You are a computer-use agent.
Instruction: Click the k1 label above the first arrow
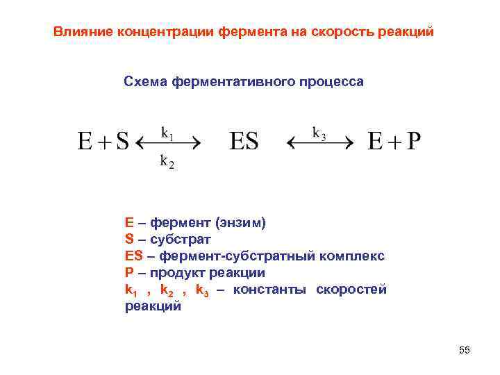point(167,131)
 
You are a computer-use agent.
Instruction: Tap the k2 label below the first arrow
point(167,162)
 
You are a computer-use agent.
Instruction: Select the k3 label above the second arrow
point(319,132)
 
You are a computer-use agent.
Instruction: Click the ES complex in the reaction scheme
point(244,142)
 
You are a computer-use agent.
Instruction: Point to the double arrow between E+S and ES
point(167,144)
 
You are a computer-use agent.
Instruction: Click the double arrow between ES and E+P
point(319,144)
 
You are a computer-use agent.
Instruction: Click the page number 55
point(465,351)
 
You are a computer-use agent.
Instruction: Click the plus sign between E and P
point(394,143)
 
